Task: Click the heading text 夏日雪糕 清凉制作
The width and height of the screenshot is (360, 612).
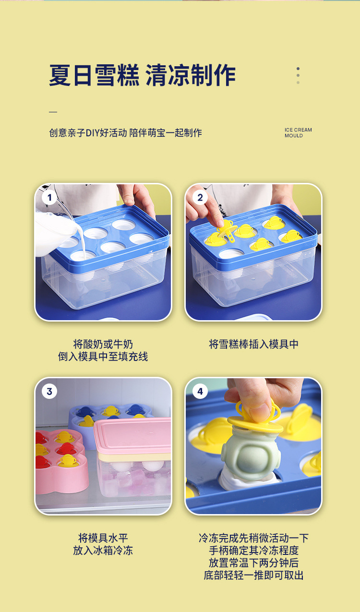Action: pyautogui.click(x=142, y=76)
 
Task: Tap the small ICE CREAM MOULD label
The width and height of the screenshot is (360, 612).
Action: pyautogui.click(x=298, y=133)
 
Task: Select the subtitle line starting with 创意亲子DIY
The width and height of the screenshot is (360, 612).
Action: pyautogui.click(x=125, y=133)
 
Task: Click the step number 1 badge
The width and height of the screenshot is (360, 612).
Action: pyautogui.click(x=49, y=197)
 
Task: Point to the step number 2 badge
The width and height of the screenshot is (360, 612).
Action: pyautogui.click(x=200, y=197)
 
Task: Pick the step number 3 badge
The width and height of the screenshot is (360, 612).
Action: pyautogui.click(x=49, y=392)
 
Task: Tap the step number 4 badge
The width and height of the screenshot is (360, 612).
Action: pyautogui.click(x=200, y=392)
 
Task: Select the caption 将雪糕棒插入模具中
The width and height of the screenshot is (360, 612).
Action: pyautogui.click(x=253, y=344)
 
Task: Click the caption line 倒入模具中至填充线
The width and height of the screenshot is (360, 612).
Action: pyautogui.click(x=103, y=357)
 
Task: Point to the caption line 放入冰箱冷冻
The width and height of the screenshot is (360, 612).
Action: pyautogui.click(x=103, y=551)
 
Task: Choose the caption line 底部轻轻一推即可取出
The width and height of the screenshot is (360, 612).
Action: pyautogui.click(x=253, y=576)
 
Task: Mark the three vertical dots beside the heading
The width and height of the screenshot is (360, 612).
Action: pyautogui.click(x=298, y=75)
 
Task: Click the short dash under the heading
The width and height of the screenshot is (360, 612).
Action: pyautogui.click(x=53, y=112)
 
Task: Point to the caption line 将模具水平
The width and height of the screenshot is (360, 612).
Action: pyautogui.click(x=103, y=538)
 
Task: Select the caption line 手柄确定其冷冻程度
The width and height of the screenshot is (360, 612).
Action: pyautogui.click(x=253, y=551)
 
